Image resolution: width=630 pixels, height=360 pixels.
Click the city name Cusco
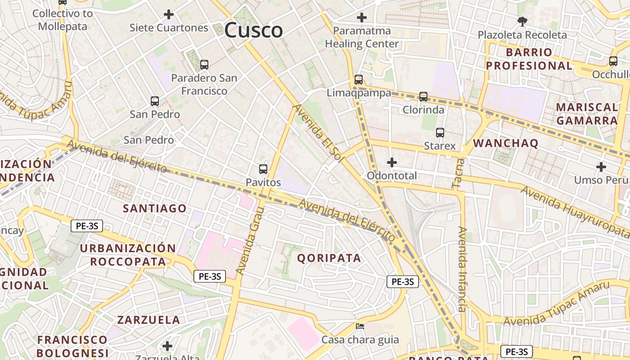tap(253, 31)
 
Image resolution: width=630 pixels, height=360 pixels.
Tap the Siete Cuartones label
tap(169, 28)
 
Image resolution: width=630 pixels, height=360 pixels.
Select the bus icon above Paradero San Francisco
tap(204, 65)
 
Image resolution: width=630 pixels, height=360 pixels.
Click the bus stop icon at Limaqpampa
tap(359, 80)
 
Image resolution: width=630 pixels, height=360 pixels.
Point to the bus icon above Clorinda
tap(423, 97)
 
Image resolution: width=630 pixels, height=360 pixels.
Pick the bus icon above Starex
tap(440, 133)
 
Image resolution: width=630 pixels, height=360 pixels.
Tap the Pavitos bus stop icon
tap(263, 169)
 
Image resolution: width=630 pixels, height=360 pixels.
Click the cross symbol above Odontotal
tap(392, 162)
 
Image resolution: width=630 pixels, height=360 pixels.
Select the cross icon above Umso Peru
tap(601, 167)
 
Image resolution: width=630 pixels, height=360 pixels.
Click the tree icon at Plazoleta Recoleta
tap(522, 21)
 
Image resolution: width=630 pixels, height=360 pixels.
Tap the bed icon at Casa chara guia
tap(360, 326)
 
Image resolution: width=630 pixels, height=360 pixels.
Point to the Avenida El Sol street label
tap(318, 131)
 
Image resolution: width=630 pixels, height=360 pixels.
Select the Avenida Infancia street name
tap(462, 269)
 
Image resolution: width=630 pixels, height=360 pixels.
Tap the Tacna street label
tap(458, 172)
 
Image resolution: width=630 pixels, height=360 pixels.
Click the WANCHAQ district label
tap(506, 144)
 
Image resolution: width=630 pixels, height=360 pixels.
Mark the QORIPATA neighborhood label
tap(329, 258)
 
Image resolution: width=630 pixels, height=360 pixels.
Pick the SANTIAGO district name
tap(155, 208)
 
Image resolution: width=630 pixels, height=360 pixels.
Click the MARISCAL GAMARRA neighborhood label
tap(587, 114)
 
